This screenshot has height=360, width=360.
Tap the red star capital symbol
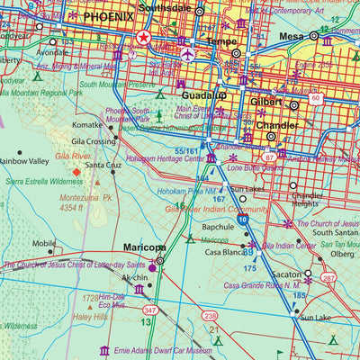[144, 38]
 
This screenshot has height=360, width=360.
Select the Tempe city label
[221, 41]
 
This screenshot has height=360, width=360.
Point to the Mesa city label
[291, 36]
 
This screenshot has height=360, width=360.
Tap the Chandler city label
[276, 125]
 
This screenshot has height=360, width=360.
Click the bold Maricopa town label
[144, 247]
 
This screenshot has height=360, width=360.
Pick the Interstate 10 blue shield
[243, 219]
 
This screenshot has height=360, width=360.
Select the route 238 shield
[210, 316]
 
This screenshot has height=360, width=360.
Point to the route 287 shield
[329, 279]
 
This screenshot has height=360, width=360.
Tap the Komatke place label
[86, 125]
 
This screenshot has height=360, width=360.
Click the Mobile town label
[44, 243]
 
